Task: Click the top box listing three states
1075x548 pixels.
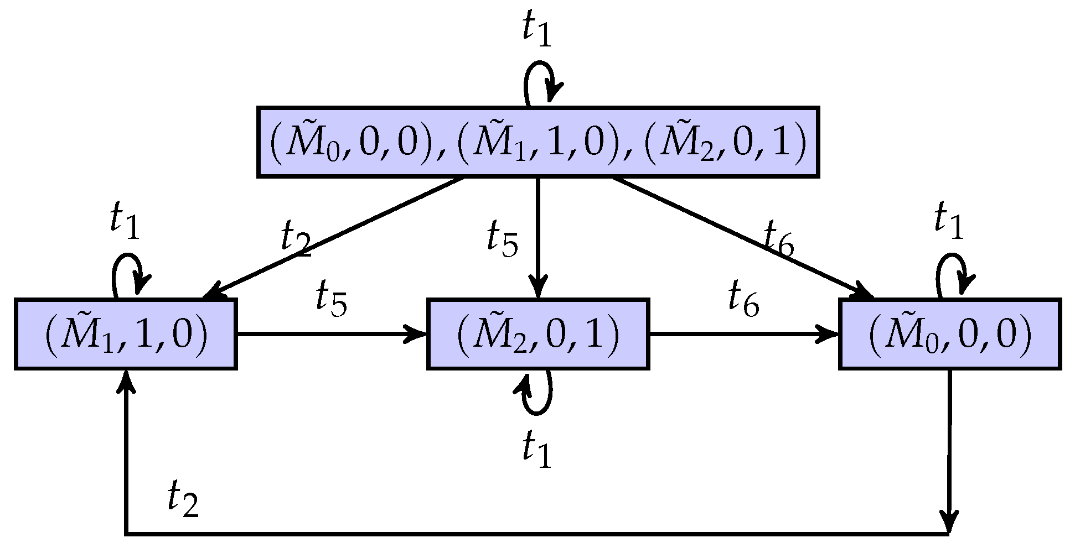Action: pyautogui.click(x=537, y=143)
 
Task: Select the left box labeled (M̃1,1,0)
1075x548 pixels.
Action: pyautogui.click(x=126, y=334)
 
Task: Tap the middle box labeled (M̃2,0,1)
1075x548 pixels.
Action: pyautogui.click(x=537, y=334)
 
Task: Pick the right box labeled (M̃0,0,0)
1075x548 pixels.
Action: pyautogui.click(x=950, y=334)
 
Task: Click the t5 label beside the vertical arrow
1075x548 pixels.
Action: pyautogui.click(x=502, y=239)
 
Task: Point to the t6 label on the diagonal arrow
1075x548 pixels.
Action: pyautogui.click(x=778, y=239)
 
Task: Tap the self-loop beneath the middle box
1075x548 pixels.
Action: pyautogui.click(x=537, y=393)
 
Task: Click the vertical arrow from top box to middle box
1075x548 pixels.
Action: pyautogui.click(x=537, y=238)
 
